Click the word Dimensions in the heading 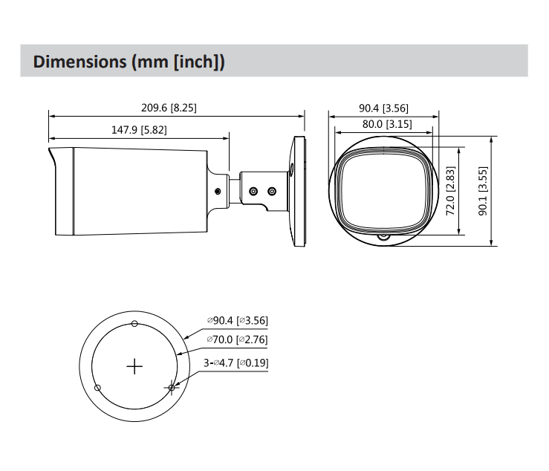pos(80,61)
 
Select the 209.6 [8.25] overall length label pos(169,107)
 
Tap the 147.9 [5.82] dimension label pos(139,129)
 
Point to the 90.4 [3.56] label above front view pos(383,108)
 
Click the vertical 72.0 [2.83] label pos(450,190)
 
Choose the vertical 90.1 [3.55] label pos(482,190)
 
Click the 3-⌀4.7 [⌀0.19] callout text pos(235,363)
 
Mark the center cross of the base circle pos(134,366)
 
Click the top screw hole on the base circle pos(134,323)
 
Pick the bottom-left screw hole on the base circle pos(97,387)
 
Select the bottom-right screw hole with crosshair pos(172,387)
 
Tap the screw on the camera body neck pos(217,192)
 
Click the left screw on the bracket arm pos(253,191)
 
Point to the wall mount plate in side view pos(299,190)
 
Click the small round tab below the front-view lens pos(383,238)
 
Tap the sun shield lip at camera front pos(53,160)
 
